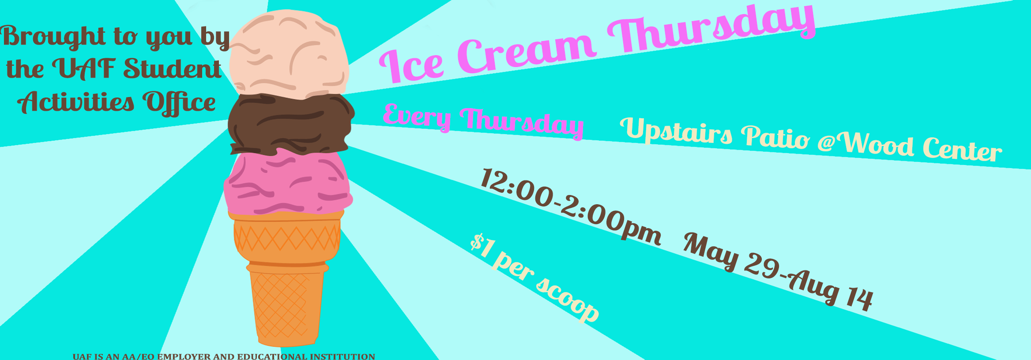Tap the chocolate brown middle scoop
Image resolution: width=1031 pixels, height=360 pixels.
point(290,124)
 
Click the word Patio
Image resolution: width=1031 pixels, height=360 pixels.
point(775,137)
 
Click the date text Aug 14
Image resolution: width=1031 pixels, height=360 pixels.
point(830,289)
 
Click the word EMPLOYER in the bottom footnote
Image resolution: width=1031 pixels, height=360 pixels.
point(184,356)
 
